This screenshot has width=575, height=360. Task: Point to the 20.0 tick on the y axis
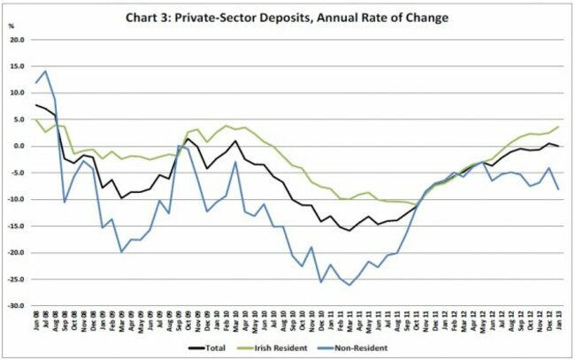(x=17, y=39)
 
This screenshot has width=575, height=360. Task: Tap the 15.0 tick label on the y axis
(x=17, y=65)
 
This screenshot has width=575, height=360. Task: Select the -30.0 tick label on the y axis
(x=16, y=306)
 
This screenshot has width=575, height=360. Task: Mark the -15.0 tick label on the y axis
(x=16, y=226)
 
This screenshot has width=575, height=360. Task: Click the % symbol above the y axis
(x=11, y=26)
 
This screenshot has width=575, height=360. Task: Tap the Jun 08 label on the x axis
(x=35, y=322)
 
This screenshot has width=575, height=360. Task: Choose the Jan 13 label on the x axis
(x=559, y=322)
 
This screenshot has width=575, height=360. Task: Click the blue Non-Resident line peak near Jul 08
(x=45, y=71)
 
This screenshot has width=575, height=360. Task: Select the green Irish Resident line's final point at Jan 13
(x=559, y=126)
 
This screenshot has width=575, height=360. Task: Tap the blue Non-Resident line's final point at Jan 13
(x=559, y=189)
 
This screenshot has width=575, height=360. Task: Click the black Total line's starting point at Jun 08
(x=35, y=105)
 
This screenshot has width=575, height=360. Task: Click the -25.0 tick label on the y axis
(x=16, y=280)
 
